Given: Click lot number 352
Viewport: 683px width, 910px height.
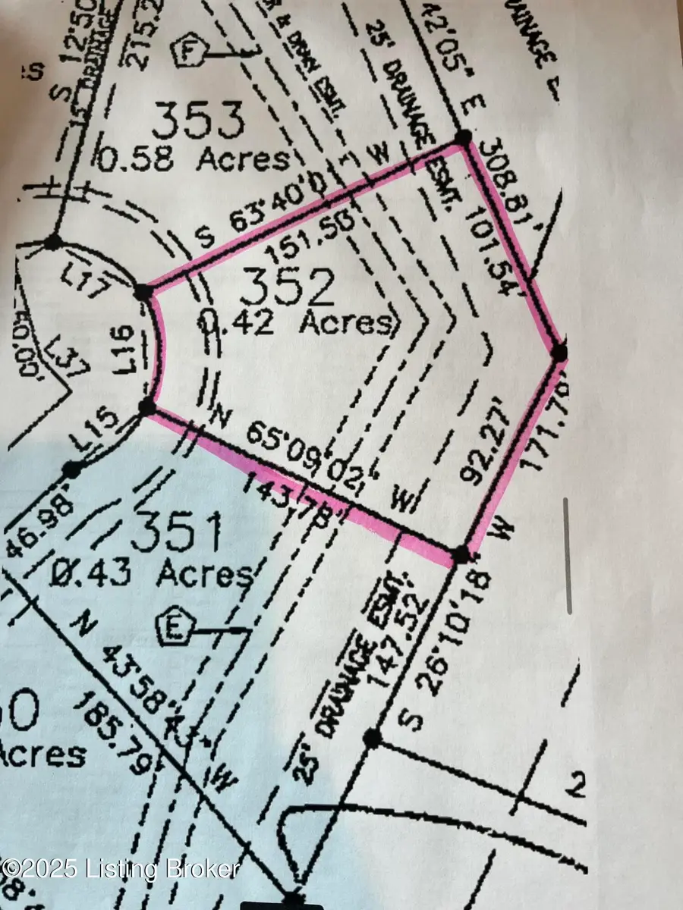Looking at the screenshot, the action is [287, 288].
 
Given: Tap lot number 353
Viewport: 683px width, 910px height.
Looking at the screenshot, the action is [198, 122].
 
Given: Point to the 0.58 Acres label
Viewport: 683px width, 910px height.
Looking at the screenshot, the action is [195, 159].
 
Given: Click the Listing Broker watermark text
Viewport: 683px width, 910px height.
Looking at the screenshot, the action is [121, 868].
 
